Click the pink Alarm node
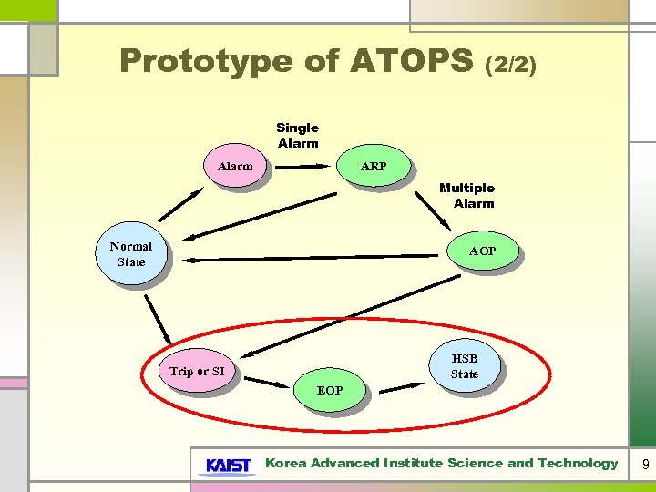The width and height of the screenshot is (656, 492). click(235, 167)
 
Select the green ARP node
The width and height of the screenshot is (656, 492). click(374, 167)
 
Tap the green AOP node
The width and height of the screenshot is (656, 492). click(482, 251)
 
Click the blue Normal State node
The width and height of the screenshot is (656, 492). click(131, 254)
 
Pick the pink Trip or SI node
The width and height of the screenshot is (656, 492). click(197, 372)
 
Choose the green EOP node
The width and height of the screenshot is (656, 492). click(330, 390)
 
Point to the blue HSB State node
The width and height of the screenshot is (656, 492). click(464, 366)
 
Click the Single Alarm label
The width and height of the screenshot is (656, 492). click(298, 136)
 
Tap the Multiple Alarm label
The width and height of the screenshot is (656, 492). click(467, 196)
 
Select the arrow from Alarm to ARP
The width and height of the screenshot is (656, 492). click(301, 167)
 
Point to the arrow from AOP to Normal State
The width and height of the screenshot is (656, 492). click(310, 259)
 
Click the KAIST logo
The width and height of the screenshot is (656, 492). click(227, 465)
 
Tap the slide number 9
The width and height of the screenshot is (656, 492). click(645, 465)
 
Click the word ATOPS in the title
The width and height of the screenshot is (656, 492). click(410, 61)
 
